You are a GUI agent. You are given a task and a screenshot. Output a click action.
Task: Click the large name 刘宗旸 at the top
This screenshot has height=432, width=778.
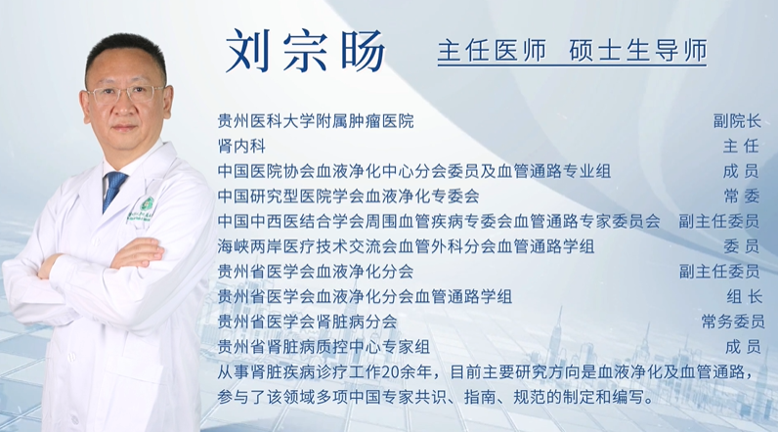point(305,51)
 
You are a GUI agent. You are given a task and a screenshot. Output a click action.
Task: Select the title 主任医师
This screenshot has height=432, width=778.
point(492,51)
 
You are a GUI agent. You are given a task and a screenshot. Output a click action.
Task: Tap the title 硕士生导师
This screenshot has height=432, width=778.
point(638,51)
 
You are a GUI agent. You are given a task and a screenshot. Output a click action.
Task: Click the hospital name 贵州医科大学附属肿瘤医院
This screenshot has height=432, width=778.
point(316,121)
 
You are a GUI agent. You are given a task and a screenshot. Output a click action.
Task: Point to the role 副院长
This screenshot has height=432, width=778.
point(737,120)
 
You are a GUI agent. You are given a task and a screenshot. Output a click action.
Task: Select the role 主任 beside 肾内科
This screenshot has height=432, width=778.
point(741,146)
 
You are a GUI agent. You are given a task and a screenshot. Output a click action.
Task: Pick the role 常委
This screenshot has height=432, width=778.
point(742,195)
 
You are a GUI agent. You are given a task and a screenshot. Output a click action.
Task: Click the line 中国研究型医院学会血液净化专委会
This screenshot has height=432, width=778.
point(348,195)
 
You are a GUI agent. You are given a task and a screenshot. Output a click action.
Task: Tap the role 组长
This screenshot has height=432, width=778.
point(744,296)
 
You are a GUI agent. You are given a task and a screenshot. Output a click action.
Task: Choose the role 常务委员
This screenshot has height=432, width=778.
point(733,322)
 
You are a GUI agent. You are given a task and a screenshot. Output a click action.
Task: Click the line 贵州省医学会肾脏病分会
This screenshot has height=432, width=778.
point(307,322)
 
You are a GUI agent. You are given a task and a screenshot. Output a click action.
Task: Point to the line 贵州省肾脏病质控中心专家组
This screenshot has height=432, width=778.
point(324,346)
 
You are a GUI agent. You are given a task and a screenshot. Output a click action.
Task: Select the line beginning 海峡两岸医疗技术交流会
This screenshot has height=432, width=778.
point(406,246)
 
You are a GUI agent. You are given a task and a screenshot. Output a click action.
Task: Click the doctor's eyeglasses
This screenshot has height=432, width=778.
point(127,94)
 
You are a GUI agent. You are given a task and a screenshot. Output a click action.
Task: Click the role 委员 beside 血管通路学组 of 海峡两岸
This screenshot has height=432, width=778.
point(742,246)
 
